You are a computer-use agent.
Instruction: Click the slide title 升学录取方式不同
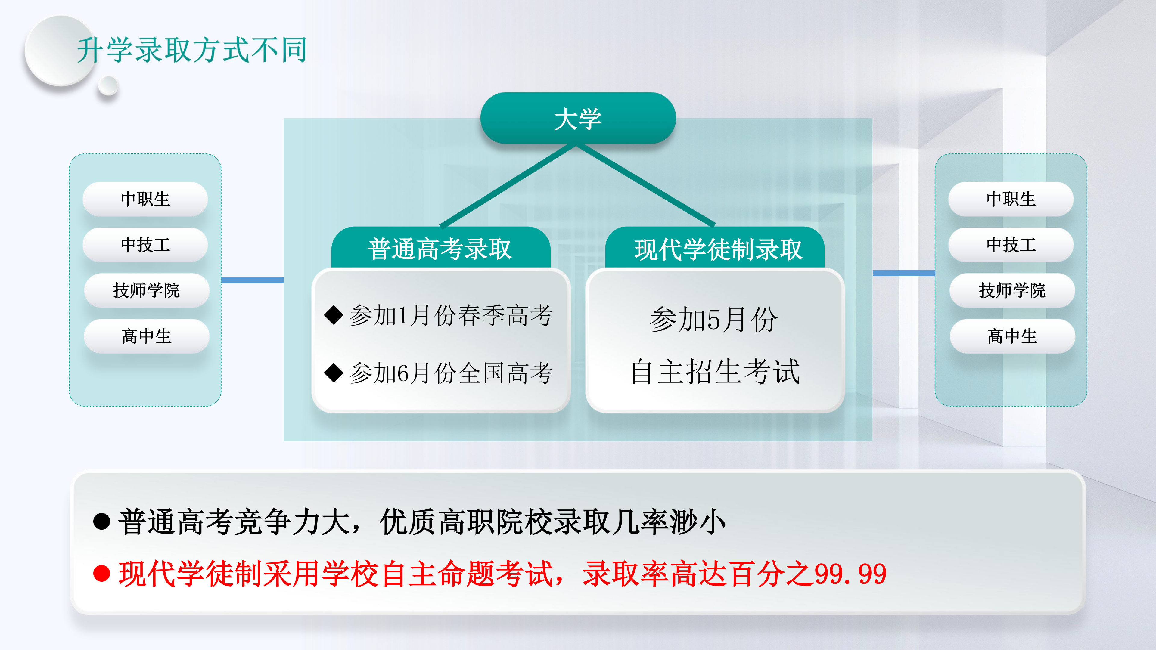[x=192, y=49]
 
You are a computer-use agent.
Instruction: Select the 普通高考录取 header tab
[x=441, y=248]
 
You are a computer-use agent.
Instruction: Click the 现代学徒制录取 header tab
[x=715, y=248]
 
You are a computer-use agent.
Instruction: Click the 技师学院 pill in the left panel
[x=146, y=290]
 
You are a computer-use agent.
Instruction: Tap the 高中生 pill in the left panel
[x=146, y=336]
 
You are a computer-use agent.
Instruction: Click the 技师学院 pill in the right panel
[x=1012, y=290]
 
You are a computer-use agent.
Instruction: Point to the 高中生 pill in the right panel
[x=1012, y=336]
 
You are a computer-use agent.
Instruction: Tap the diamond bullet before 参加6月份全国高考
[x=334, y=373]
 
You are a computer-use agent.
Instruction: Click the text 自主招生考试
[x=715, y=371]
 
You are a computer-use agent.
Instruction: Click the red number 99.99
[x=850, y=574]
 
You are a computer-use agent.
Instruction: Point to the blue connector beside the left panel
[x=253, y=280]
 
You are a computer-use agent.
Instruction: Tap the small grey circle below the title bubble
[x=108, y=86]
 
